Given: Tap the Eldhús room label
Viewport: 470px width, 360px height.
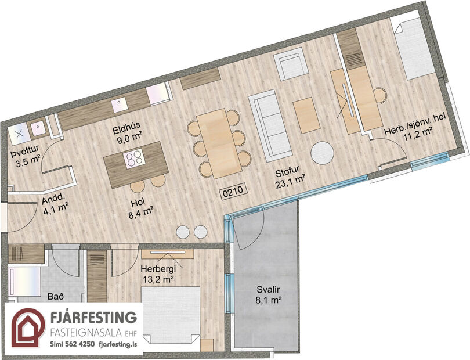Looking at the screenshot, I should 128,131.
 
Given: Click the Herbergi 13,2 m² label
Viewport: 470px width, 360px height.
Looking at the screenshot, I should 157,273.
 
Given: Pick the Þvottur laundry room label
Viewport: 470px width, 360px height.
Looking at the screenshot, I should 26,159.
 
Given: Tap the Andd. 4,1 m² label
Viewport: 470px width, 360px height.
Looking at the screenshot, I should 54,204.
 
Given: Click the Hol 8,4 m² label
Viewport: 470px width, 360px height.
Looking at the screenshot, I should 140,207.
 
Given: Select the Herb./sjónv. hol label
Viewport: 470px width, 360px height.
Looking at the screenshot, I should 414,127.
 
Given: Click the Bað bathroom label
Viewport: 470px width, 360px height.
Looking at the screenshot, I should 55,297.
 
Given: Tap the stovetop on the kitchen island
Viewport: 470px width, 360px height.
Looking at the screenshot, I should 133,158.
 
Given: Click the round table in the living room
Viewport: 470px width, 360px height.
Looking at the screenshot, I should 323,154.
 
